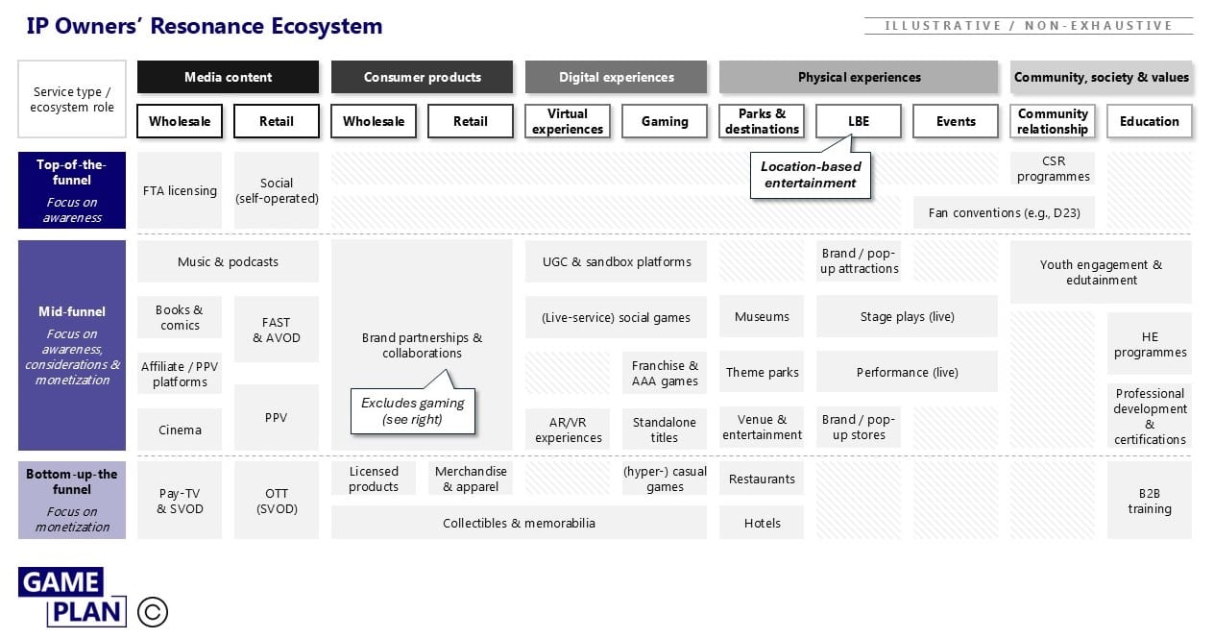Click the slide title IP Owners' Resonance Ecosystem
click(205, 26)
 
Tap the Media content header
click(228, 77)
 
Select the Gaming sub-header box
click(665, 121)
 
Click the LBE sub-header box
click(859, 121)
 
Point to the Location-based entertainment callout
click(811, 175)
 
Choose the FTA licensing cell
click(180, 190)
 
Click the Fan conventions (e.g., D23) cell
click(1004, 212)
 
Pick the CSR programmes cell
click(1053, 169)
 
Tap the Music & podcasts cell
click(228, 261)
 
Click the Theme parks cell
click(762, 372)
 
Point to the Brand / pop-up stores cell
click(859, 427)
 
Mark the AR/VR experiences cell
click(568, 430)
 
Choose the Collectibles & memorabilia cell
click(519, 523)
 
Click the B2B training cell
click(1149, 501)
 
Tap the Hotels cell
click(762, 523)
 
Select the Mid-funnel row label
click(71, 345)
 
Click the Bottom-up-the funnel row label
click(71, 500)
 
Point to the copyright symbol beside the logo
click(153, 612)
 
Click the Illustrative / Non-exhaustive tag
click(1028, 26)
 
